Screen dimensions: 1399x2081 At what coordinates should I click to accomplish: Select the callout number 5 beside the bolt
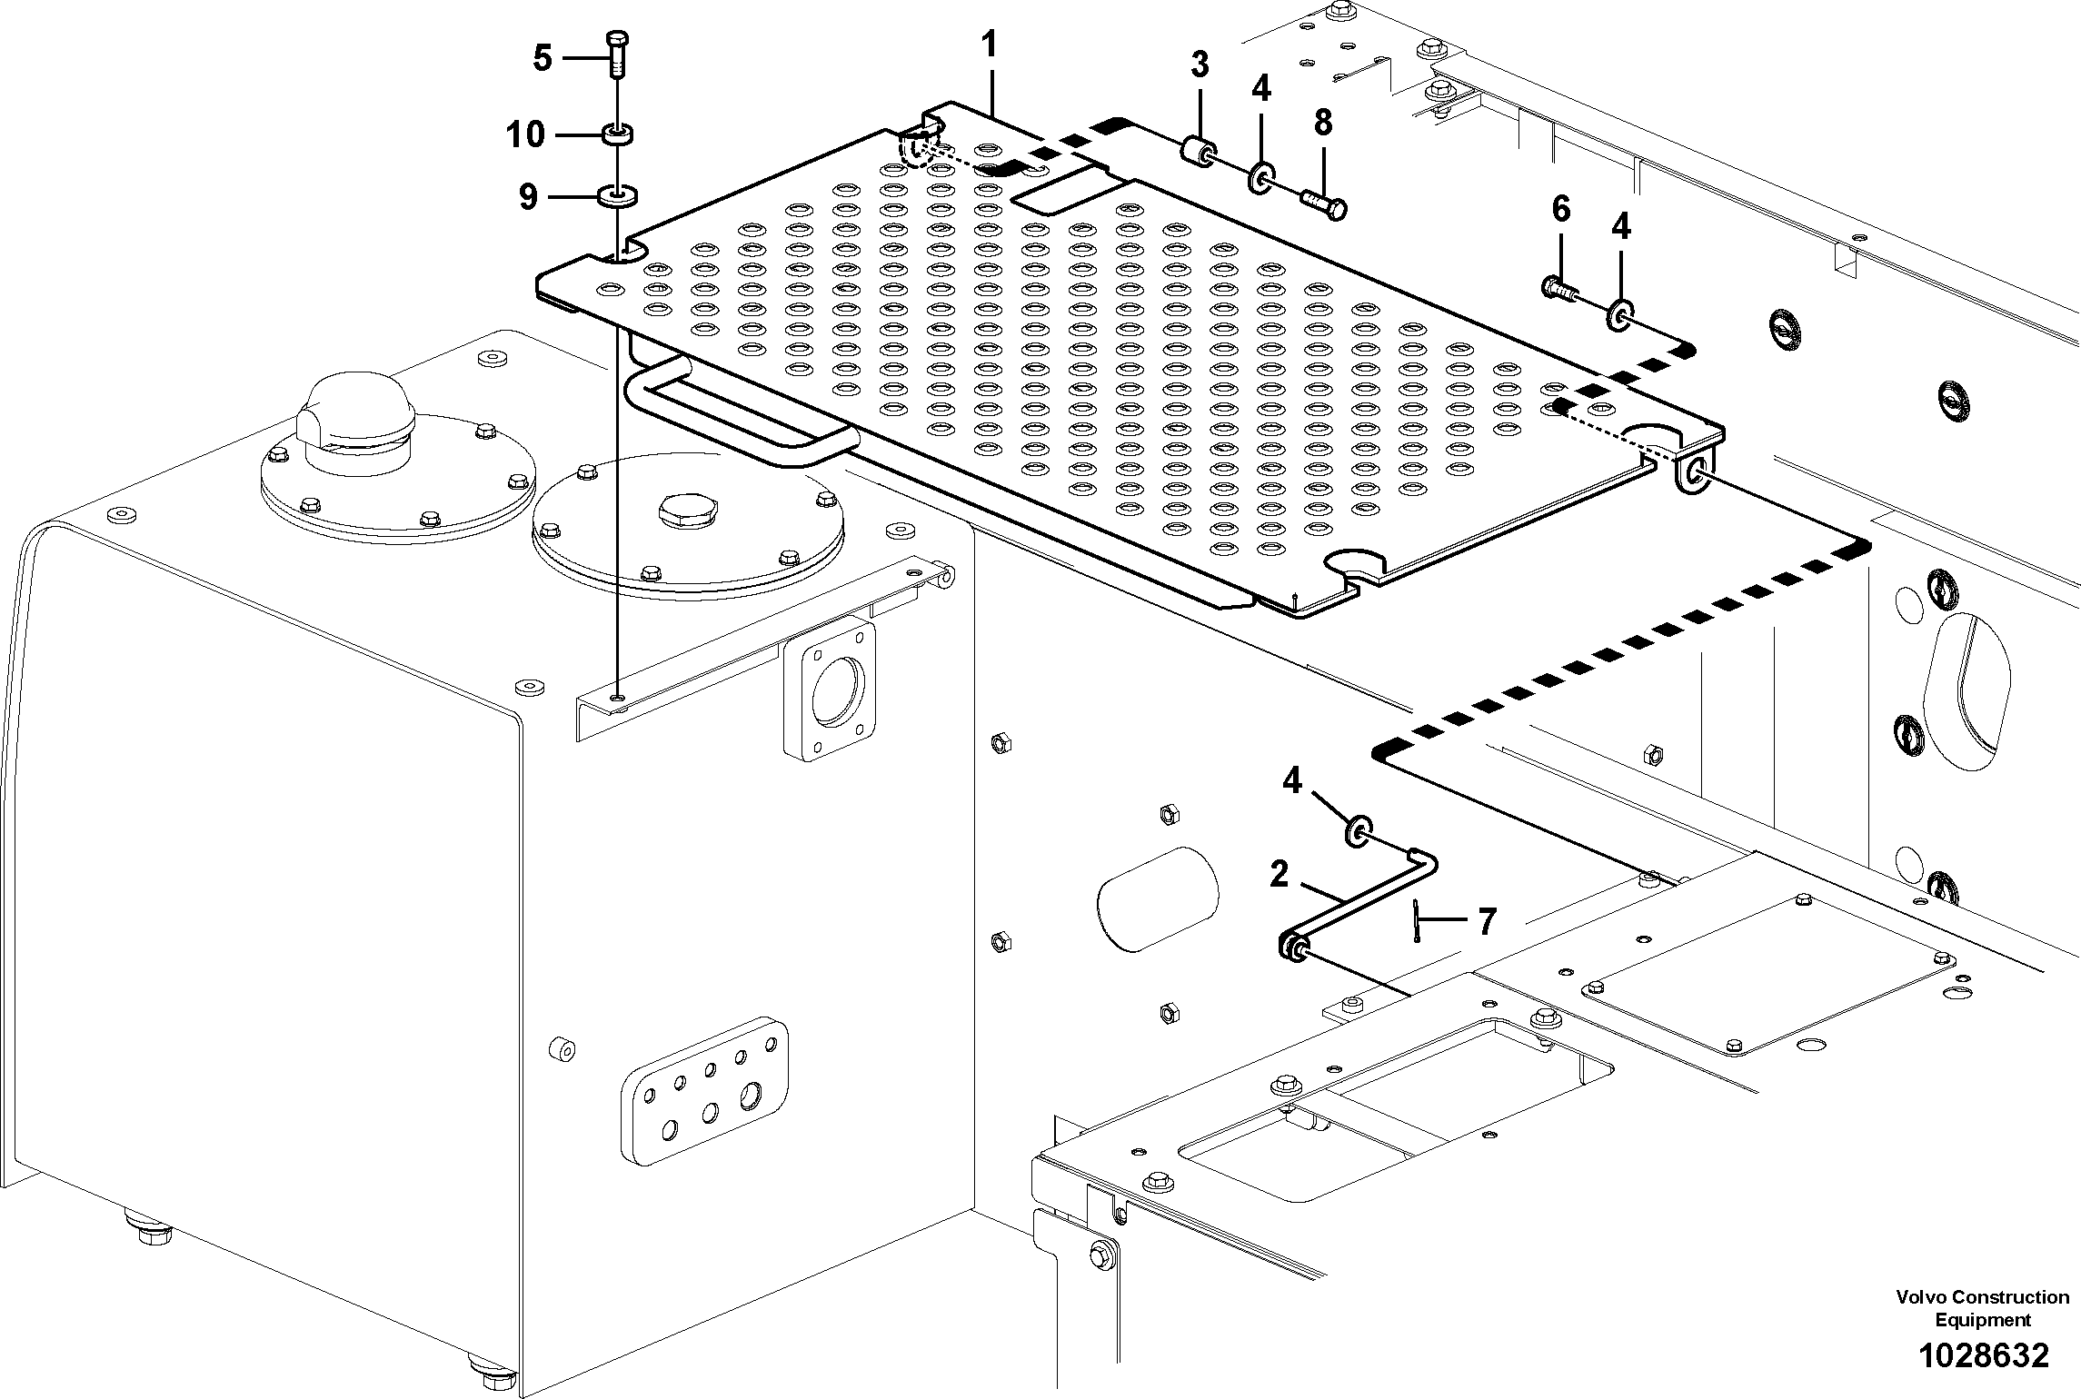pos(542,59)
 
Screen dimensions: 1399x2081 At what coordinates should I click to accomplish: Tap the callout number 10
pos(525,135)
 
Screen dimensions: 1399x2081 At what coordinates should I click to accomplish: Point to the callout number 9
pos(528,197)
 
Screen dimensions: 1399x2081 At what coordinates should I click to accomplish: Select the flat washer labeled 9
pos(618,195)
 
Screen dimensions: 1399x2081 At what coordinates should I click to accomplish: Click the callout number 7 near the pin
pos(1487,922)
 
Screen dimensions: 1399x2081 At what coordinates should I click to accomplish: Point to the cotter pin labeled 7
pos(1417,921)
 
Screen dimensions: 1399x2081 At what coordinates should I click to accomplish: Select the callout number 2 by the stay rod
pos(1279,875)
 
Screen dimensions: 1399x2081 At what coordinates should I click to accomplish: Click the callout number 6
pos(1560,210)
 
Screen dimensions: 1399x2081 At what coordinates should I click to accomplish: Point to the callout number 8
pos(1323,122)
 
